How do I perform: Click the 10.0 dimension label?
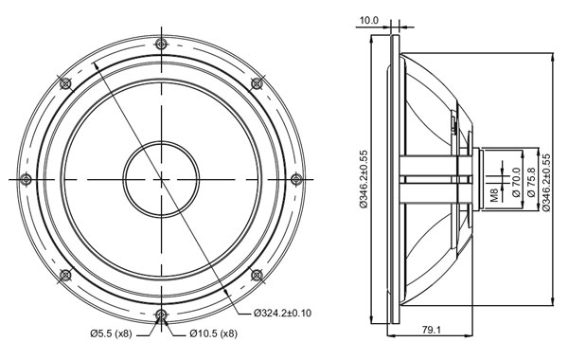369,19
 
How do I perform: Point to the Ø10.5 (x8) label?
212,333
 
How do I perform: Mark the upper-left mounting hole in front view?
66,83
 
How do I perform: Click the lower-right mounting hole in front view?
257,274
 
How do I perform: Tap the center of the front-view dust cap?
162,178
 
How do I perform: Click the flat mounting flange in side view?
392,178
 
